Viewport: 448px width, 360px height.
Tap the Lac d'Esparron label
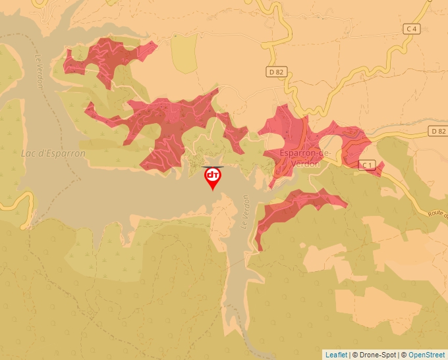click(53, 153)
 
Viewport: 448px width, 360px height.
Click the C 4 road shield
click(412, 28)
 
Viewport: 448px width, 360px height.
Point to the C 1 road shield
click(367, 164)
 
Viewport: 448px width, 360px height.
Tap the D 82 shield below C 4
click(276, 72)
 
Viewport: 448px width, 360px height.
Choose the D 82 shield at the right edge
click(438, 131)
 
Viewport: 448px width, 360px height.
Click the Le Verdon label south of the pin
click(244, 211)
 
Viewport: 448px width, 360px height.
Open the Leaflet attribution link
click(336, 355)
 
